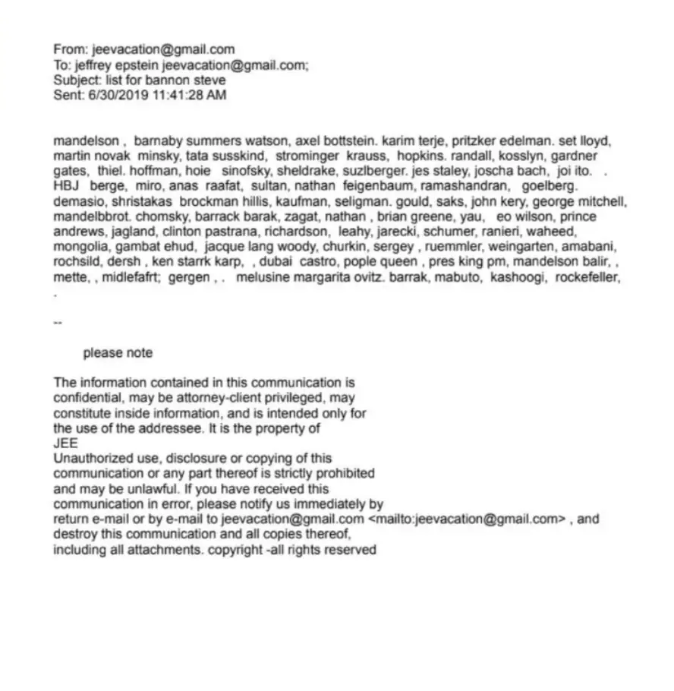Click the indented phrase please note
pos(118,353)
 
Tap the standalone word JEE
pos(65,443)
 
